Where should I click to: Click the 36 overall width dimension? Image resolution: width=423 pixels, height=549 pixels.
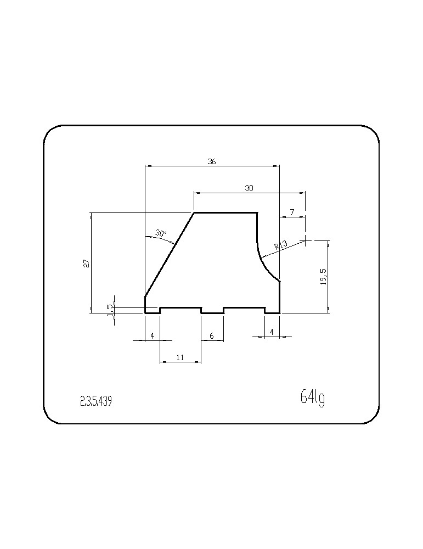coord(212,161)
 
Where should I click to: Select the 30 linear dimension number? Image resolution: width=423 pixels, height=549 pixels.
coord(249,188)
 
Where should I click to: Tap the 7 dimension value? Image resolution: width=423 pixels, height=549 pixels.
coord(292,212)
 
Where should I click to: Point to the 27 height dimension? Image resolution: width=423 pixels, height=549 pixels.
coord(87,263)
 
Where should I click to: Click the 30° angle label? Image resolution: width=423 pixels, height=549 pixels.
coord(161,233)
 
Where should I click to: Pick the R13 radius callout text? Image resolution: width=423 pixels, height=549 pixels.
coord(281,245)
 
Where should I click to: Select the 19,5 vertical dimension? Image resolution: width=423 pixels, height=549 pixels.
coord(324,277)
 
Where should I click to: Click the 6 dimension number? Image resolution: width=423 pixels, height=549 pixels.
coord(211,336)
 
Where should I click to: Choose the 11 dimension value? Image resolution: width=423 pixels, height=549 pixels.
coord(180,357)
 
